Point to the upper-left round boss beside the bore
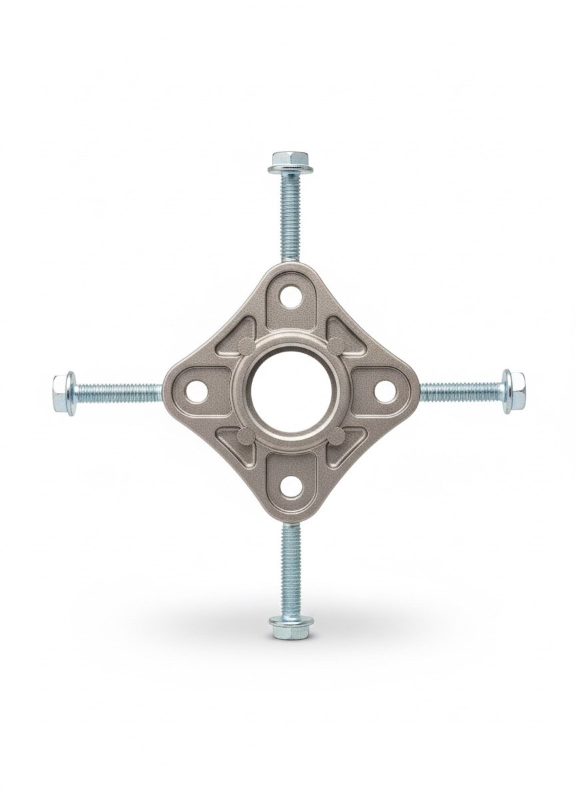[x=246, y=346]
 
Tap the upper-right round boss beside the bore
[x=336, y=346]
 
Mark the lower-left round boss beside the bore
[x=246, y=436]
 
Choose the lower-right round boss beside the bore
[x=336, y=436]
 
